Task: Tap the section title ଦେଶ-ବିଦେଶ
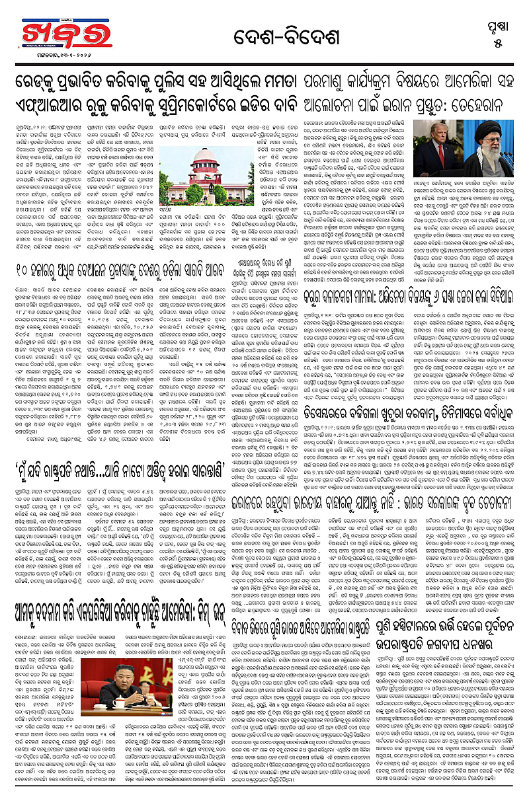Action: [263, 34]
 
